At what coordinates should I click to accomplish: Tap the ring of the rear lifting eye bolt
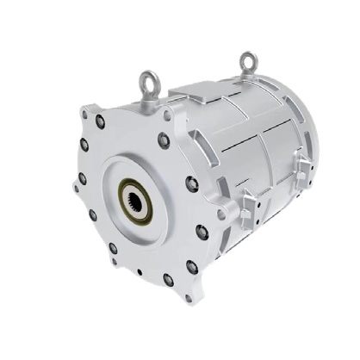click(249, 59)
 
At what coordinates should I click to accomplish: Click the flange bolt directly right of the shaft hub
click(192, 183)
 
